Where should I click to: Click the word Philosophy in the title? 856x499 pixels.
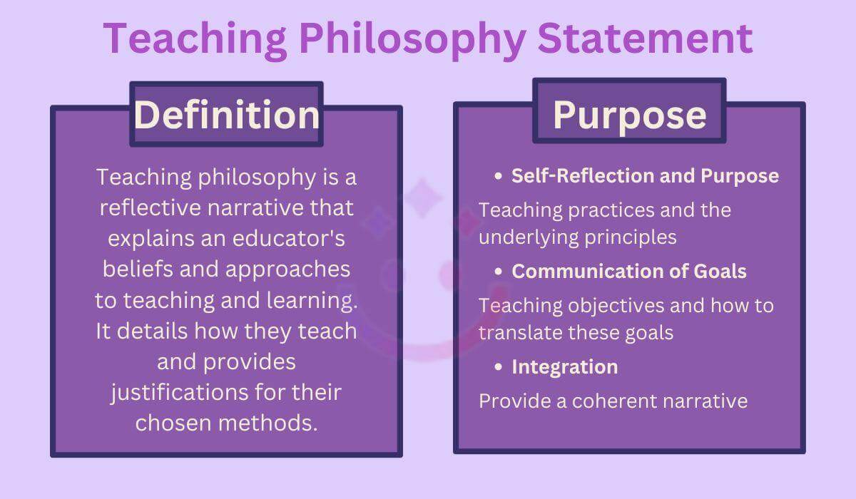pyautogui.click(x=413, y=40)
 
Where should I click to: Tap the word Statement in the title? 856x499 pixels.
pyautogui.click(x=646, y=38)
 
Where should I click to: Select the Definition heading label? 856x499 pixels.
pyautogui.click(x=227, y=115)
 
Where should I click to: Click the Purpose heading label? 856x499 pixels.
pyautogui.click(x=630, y=115)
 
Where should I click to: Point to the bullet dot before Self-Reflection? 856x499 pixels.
pyautogui.click(x=498, y=176)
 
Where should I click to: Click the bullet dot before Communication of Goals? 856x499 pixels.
pyautogui.click(x=498, y=272)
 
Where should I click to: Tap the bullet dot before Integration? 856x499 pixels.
pyautogui.click(x=498, y=367)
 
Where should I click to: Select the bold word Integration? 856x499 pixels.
pyautogui.click(x=565, y=367)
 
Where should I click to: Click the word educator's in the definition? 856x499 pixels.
pyautogui.click(x=288, y=238)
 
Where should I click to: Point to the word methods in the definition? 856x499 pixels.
pyautogui.click(x=268, y=423)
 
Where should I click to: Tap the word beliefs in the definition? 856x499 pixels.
pyautogui.click(x=138, y=269)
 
